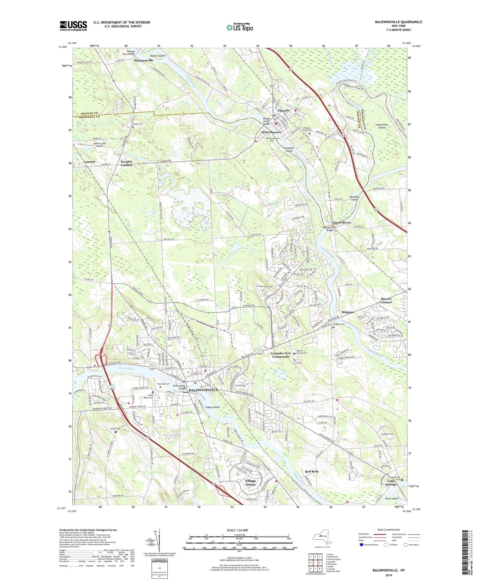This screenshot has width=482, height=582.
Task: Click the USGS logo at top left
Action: (73, 26)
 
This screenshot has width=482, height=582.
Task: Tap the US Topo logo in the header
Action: (239, 28)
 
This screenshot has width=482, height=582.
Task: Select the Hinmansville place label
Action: (144, 60)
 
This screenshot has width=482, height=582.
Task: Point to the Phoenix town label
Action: (284, 110)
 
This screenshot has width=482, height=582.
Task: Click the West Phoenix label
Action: (271, 132)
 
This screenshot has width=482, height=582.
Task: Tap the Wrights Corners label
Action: (126, 163)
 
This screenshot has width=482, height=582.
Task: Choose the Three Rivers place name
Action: (342, 222)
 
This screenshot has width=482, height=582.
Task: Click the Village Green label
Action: (250, 482)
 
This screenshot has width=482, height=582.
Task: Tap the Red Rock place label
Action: (311, 471)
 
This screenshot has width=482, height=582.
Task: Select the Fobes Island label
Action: (212, 407)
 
